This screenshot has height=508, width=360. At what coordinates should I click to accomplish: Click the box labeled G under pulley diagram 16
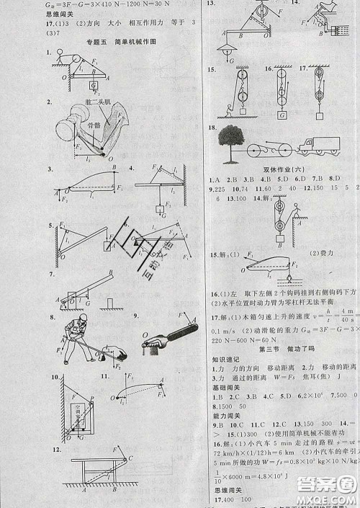[x=279, y=115]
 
